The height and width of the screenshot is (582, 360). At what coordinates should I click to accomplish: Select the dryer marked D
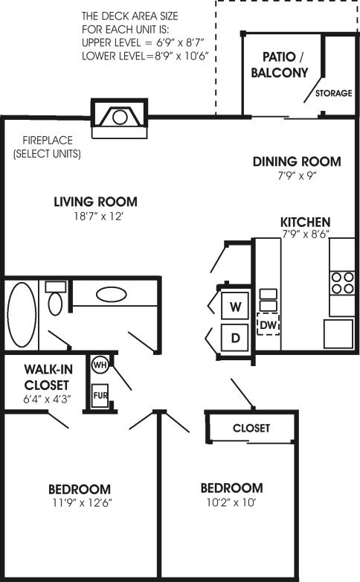point(235,337)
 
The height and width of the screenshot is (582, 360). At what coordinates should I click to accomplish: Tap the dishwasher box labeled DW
point(269,324)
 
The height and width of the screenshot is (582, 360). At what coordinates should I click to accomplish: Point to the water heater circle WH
point(100,365)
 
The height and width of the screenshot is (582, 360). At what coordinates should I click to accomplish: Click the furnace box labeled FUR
point(100,395)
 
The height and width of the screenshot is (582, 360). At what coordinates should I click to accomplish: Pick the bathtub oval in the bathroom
point(22,315)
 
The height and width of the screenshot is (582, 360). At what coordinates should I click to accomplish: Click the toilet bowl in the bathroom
point(55,304)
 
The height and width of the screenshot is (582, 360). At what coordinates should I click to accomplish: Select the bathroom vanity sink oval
point(112,295)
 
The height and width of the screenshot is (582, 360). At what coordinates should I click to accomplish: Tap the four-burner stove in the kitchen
point(342,284)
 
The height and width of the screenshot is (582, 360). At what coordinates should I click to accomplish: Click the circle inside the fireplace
point(120,118)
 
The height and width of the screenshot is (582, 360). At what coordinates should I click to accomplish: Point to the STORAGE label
point(334,93)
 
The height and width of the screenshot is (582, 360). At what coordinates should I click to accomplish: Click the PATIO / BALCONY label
point(280,65)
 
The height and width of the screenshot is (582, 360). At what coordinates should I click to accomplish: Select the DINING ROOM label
point(297,162)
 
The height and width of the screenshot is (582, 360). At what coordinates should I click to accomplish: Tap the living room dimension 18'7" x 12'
point(98,216)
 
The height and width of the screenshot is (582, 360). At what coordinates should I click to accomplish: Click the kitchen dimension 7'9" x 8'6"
point(306,234)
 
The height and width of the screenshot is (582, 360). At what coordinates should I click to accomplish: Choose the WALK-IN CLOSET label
point(46,377)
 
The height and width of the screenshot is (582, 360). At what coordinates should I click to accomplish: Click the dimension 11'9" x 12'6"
point(83,503)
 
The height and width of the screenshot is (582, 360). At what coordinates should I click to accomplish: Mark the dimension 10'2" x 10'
point(231,502)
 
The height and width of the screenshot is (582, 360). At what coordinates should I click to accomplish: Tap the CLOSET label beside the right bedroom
point(251,428)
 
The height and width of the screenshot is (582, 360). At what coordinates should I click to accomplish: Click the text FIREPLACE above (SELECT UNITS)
point(48,141)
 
